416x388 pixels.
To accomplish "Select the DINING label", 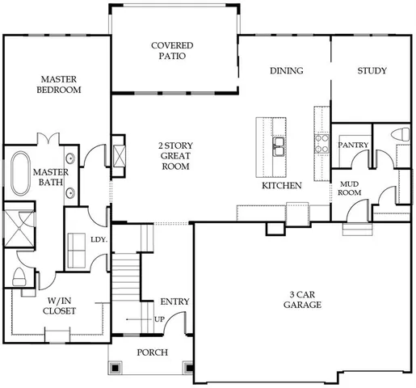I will click(x=286, y=71).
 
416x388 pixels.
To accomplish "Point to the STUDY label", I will click(x=372, y=71).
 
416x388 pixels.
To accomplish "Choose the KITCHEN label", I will click(x=281, y=186).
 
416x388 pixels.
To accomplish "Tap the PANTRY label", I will click(x=353, y=145).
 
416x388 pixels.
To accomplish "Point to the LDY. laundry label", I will click(x=99, y=239).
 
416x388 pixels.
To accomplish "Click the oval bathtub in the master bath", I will click(x=20, y=171).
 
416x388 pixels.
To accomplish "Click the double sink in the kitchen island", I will click(x=278, y=145).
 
